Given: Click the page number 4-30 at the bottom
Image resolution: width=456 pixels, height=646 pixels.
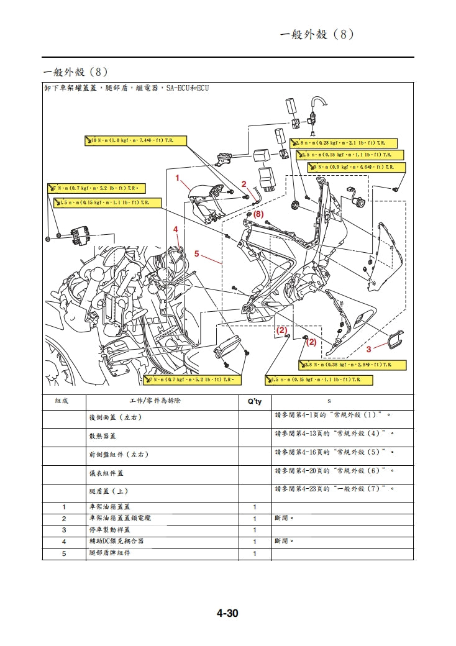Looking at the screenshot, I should pyautogui.click(x=227, y=614).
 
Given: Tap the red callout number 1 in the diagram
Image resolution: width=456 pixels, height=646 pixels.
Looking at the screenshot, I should pyautogui.click(x=177, y=178).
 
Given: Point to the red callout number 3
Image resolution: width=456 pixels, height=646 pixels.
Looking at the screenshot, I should pyautogui.click(x=368, y=348).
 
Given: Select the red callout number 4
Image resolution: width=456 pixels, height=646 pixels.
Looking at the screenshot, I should pyautogui.click(x=176, y=229).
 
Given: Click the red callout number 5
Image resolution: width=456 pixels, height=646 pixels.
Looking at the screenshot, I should pyautogui.click(x=196, y=253).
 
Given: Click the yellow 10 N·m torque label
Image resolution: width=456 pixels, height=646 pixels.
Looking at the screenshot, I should pyautogui.click(x=135, y=141).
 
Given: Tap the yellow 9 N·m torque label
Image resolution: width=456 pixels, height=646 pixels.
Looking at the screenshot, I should pyautogui.click(x=357, y=167).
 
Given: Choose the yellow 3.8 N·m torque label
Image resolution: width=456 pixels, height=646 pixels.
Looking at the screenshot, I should pyautogui.click(x=353, y=365).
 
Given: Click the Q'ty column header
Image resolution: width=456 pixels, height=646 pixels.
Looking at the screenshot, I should pyautogui.click(x=255, y=401).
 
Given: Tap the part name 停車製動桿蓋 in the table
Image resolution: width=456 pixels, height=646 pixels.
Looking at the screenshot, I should pyautogui.click(x=110, y=530).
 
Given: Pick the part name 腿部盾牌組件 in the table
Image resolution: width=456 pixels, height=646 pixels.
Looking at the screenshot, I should pyautogui.click(x=110, y=553).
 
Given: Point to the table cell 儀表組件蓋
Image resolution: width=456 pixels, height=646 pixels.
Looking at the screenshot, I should pyautogui.click(x=107, y=473).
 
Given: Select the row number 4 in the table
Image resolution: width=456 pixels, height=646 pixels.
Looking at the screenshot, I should pyautogui.click(x=63, y=542).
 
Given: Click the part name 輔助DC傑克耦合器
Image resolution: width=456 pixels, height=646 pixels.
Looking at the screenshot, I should pyautogui.click(x=117, y=542).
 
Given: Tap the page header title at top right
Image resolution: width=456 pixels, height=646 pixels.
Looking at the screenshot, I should pyautogui.click(x=317, y=34).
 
